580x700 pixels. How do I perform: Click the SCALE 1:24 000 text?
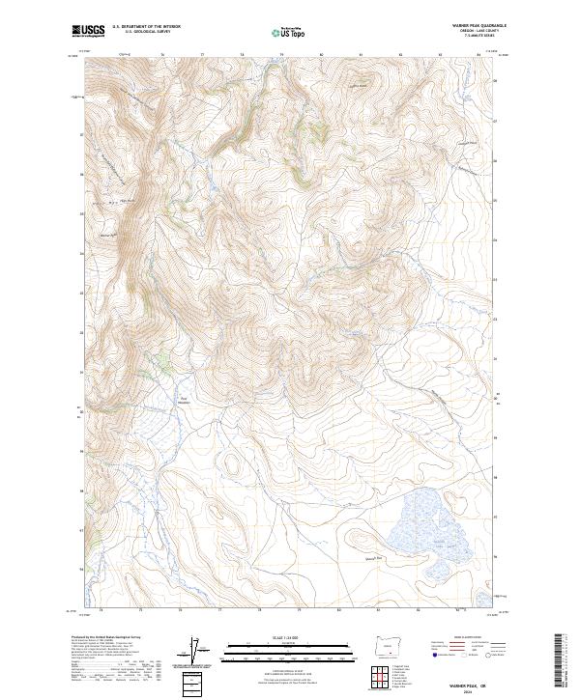point(290,638)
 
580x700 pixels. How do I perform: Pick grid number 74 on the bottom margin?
point(101,611)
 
